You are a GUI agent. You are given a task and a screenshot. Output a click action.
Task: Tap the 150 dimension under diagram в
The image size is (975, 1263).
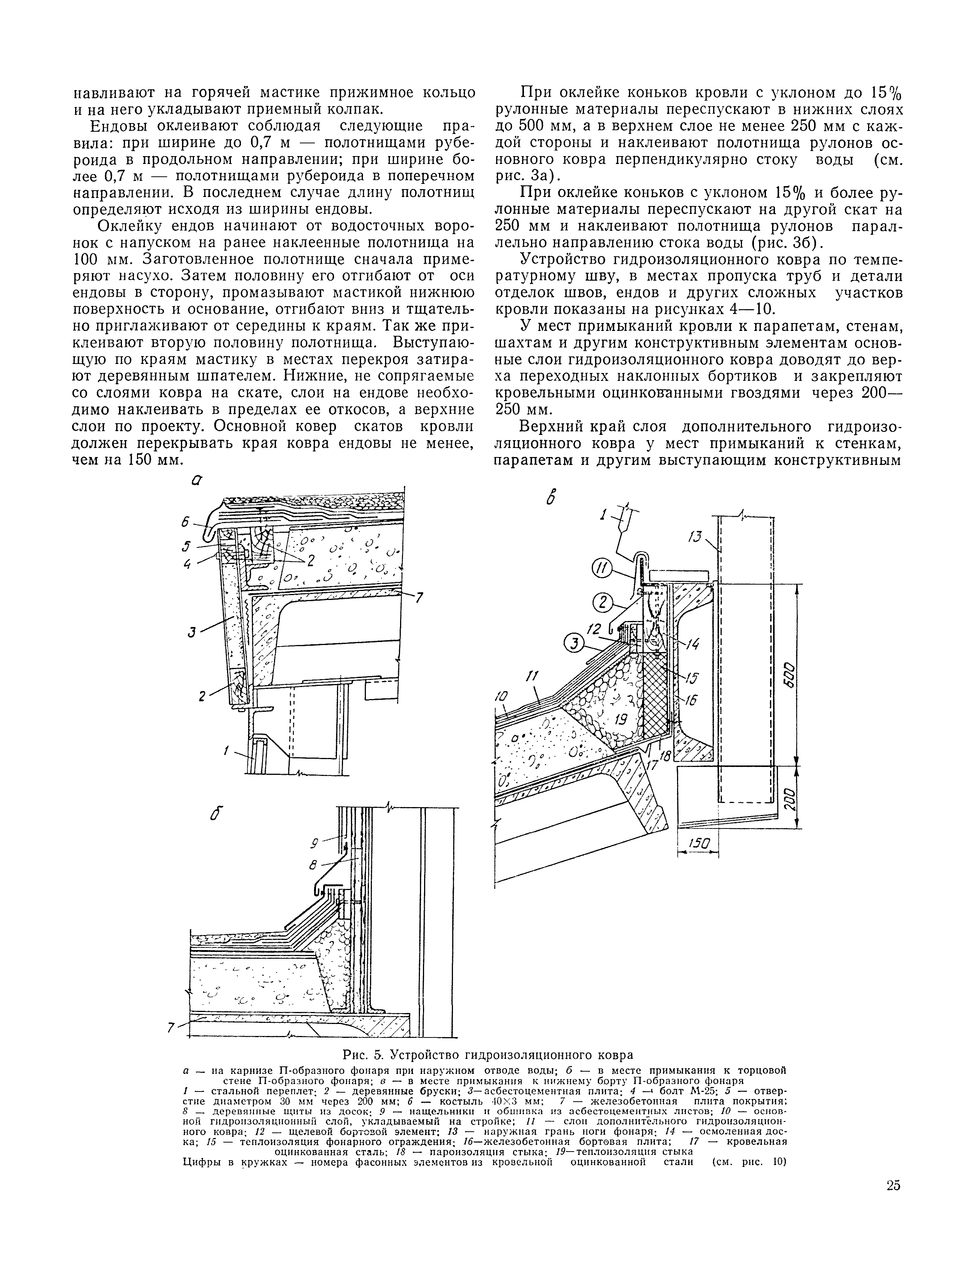click(x=698, y=845)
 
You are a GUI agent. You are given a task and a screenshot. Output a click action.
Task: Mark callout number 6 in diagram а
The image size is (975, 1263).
click(x=185, y=521)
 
